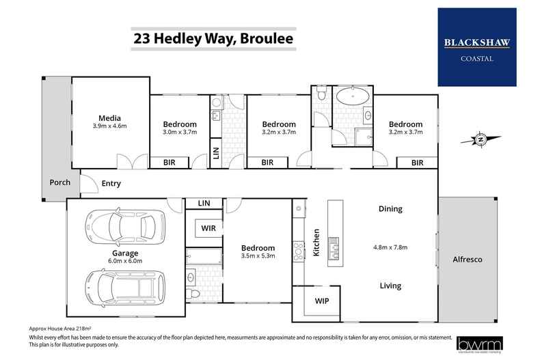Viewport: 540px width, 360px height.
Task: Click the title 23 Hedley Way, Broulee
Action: click(x=213, y=39)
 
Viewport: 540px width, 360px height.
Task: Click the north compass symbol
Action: click(x=481, y=140)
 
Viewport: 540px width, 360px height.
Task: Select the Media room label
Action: click(x=109, y=118)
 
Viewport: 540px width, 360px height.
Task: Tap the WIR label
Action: click(x=208, y=227)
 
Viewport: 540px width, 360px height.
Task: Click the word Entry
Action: click(x=111, y=183)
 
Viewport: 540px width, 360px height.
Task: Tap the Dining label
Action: click(x=390, y=209)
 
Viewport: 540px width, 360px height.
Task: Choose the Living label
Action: click(x=390, y=286)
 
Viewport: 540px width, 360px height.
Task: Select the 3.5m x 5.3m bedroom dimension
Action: click(x=258, y=257)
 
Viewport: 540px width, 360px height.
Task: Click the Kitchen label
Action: click(x=316, y=242)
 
